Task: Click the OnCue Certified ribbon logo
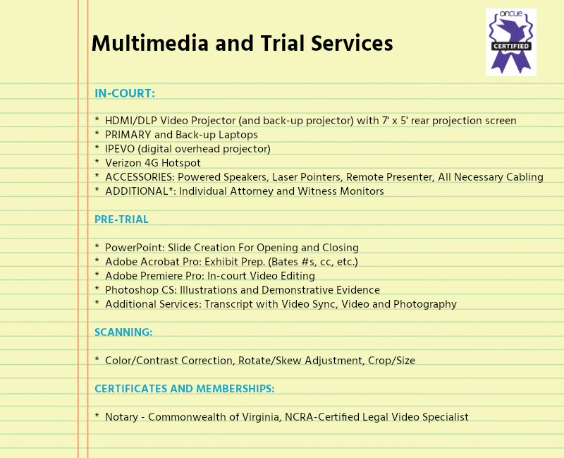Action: pyautogui.click(x=510, y=42)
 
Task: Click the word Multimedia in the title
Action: pyautogui.click(x=150, y=43)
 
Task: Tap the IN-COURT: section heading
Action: pyautogui.click(x=125, y=93)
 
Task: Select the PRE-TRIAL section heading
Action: pyautogui.click(x=121, y=219)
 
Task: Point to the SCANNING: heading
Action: pyautogui.click(x=123, y=332)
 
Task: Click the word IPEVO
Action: pyautogui.click(x=120, y=149)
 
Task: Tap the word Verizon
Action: pyautogui.click(x=123, y=163)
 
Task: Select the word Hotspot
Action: pyautogui.click(x=181, y=163)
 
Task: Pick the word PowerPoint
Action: pyautogui.click(x=135, y=248)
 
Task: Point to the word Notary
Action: pyautogui.click(x=121, y=417)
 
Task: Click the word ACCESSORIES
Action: pyautogui.click(x=140, y=177)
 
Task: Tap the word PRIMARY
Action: pyautogui.click(x=128, y=135)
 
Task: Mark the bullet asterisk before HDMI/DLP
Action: pyautogui.click(x=97, y=119)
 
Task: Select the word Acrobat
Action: pyautogui.click(x=160, y=262)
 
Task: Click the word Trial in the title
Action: pyautogui.click(x=283, y=43)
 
